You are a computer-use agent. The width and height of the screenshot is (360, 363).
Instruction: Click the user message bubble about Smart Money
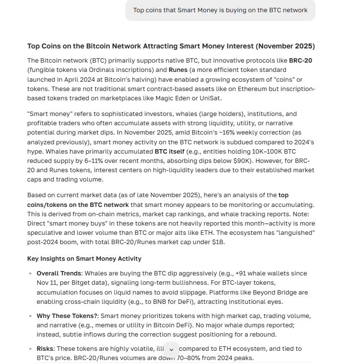220,10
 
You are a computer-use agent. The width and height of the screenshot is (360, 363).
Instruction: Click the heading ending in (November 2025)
171,46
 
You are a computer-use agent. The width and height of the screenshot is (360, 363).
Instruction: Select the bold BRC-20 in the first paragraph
301,61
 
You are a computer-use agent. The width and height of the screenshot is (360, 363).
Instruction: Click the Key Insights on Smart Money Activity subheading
84,259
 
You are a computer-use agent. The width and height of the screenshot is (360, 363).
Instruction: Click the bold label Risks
46,349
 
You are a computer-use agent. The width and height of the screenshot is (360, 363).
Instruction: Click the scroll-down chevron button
171,350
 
